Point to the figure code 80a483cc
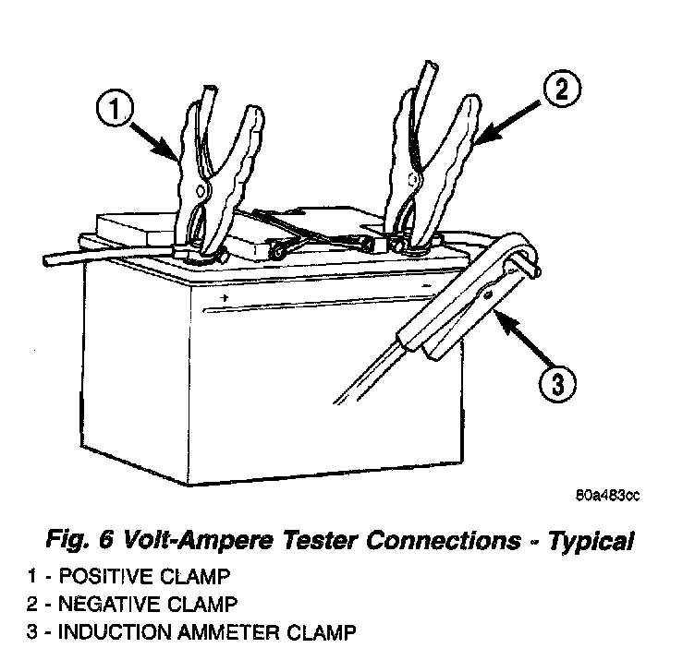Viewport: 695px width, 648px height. (x=607, y=496)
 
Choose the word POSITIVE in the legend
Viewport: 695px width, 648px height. (x=100, y=578)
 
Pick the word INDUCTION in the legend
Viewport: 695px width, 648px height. (x=105, y=633)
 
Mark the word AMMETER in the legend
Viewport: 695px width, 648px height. (x=218, y=633)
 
